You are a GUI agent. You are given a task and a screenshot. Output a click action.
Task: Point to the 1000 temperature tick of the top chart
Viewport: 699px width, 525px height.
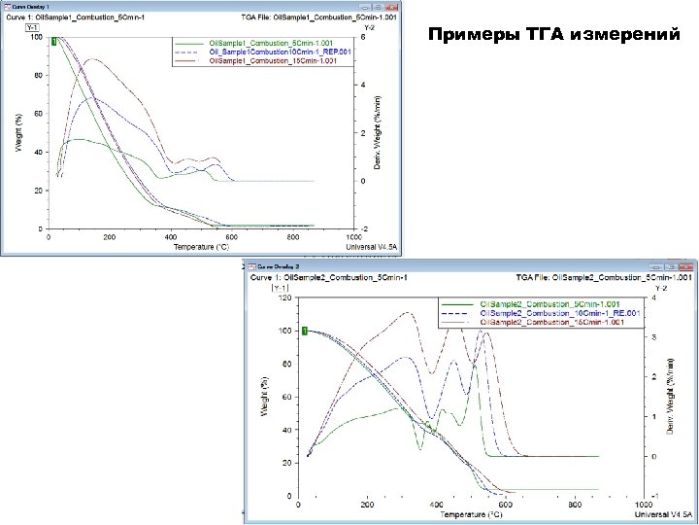pos(355,236)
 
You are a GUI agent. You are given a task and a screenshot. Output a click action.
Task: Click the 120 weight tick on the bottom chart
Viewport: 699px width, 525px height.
pos(283,298)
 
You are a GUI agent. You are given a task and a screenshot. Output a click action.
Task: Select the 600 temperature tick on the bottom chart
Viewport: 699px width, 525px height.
pos(505,506)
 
